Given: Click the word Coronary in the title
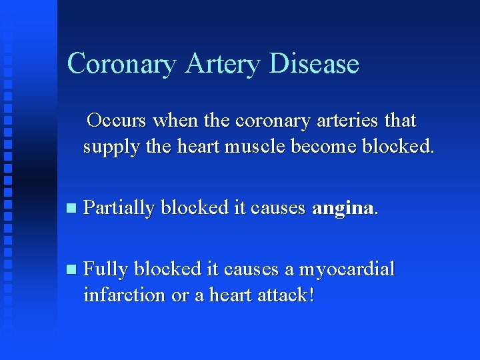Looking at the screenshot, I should [x=122, y=64].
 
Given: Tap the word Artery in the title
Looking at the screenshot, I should [x=223, y=64].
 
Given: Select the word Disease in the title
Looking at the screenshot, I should [x=315, y=64].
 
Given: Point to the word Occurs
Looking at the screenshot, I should [x=117, y=121].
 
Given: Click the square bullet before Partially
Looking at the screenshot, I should [x=72, y=209].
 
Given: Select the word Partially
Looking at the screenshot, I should [x=119, y=208].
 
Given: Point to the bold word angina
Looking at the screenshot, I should [x=343, y=209].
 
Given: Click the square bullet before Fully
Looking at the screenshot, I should [x=72, y=270].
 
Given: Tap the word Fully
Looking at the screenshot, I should [x=106, y=270].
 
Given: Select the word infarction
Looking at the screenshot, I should [x=124, y=294].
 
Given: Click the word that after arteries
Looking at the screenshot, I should [x=401, y=121].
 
